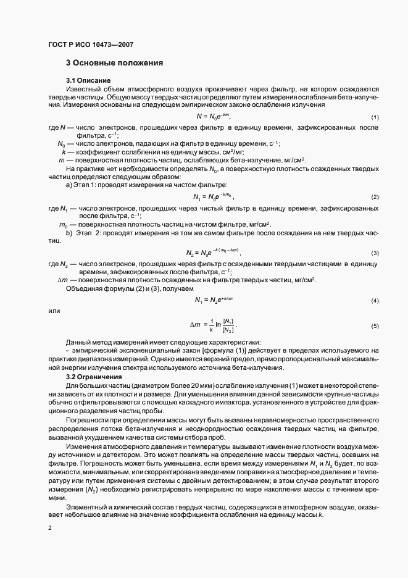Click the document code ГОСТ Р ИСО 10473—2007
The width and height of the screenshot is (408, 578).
click(91, 44)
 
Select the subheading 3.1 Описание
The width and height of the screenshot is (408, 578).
click(88, 81)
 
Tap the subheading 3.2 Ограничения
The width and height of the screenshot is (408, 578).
click(94, 376)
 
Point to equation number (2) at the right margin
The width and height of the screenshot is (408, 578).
click(375, 197)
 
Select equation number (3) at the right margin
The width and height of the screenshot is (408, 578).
click(375, 254)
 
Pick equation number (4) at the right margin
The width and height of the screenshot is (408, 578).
click(375, 300)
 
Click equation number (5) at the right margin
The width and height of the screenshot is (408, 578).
click(375, 325)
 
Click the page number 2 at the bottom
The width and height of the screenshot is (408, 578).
click(50, 529)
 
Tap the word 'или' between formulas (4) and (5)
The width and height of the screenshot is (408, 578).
click(54, 311)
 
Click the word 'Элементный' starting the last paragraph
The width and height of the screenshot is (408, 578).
click(86, 506)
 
